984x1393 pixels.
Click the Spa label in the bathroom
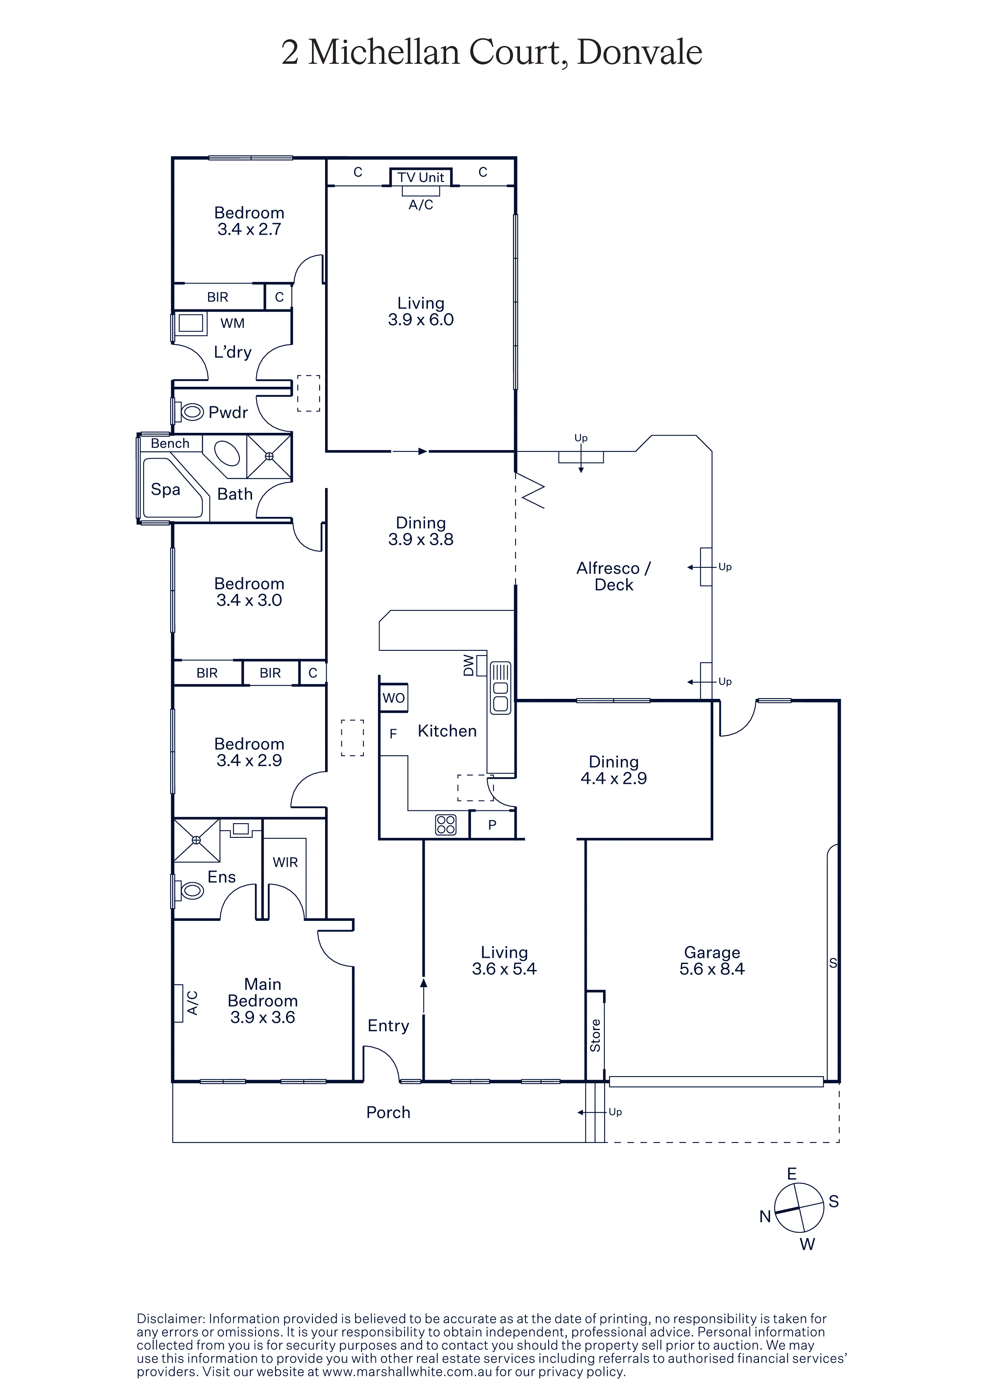pos(166,490)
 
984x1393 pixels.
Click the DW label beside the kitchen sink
pos(468,665)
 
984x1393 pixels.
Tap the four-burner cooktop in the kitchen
pos(446,824)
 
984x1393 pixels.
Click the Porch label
pos(388,1112)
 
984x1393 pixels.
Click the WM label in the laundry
pos(233,323)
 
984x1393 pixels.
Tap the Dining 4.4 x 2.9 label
pos(614,770)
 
